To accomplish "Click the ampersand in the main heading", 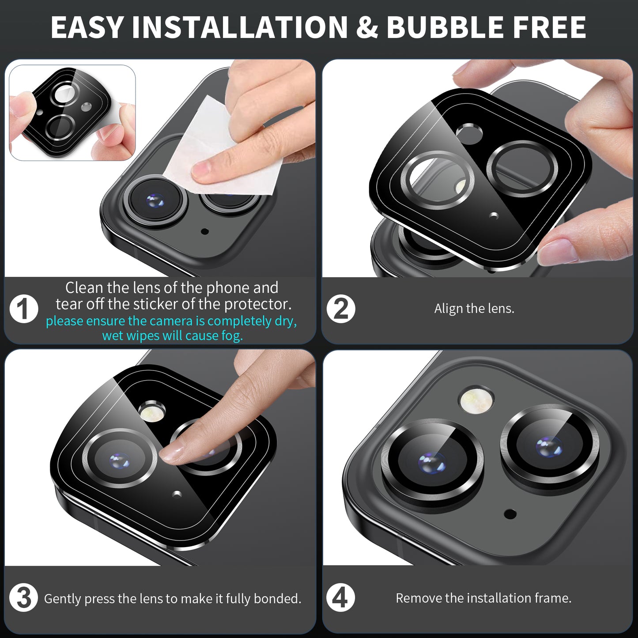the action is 367,27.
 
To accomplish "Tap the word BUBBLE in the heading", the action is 445,27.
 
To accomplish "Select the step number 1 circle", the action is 24,309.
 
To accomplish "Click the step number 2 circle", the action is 341,309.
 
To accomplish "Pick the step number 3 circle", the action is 24,598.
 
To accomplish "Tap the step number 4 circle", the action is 340,598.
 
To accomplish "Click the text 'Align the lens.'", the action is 474,309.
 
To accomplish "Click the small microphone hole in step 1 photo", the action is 205,231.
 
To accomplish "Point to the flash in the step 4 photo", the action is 476,400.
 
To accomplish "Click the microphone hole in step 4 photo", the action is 510,514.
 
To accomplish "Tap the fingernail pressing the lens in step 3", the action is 172,453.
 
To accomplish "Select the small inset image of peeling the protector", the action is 72,113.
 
